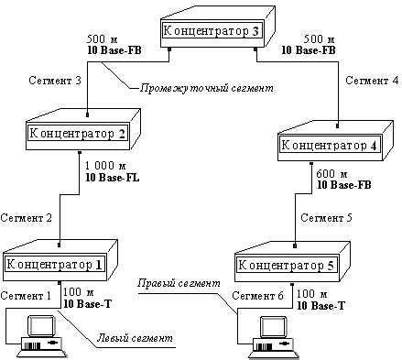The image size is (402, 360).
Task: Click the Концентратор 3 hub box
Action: [212, 31]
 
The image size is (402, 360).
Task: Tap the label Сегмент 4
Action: [371, 82]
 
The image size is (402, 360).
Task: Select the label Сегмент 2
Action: [31, 219]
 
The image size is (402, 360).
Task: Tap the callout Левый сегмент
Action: [136, 338]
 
